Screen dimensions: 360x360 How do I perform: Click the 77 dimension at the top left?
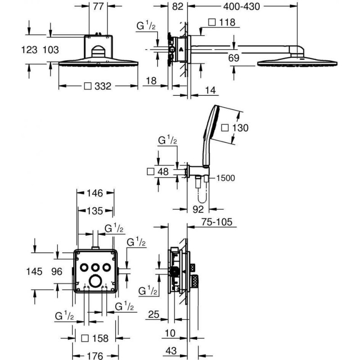click(98, 6)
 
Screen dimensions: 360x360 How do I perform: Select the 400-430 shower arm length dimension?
click(242, 6)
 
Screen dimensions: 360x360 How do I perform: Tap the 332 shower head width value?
click(103, 86)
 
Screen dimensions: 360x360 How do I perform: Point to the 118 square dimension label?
click(227, 22)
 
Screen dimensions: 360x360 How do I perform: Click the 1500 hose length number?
click(226, 178)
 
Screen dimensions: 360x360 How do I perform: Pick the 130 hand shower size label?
click(240, 128)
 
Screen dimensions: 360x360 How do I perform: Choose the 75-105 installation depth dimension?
click(217, 222)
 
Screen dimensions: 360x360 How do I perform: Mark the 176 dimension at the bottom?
click(95, 356)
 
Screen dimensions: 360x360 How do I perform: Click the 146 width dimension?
click(95, 193)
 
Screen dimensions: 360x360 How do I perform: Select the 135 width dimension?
click(95, 211)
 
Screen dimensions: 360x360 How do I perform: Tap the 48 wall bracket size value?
click(163, 171)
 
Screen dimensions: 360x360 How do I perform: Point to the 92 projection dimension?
click(198, 209)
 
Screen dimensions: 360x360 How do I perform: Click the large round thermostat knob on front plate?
click(95, 281)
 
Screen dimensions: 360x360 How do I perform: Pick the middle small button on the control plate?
click(95, 267)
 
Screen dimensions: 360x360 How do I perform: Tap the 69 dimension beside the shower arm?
click(234, 58)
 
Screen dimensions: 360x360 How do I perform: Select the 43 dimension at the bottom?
click(171, 351)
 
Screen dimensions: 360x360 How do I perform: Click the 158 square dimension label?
click(100, 338)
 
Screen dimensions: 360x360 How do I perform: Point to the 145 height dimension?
click(35, 271)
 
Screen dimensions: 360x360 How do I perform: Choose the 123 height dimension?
click(29, 50)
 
